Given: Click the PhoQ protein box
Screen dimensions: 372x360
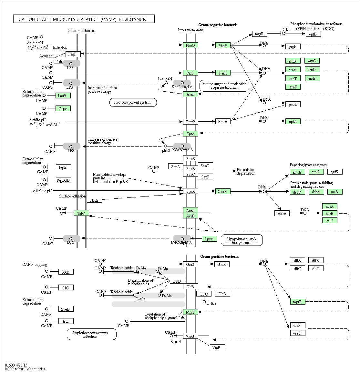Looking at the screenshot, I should (190, 45).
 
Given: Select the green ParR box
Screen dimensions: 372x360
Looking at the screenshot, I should (223, 73).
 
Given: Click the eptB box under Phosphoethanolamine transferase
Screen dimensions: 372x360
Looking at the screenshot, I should (313, 34).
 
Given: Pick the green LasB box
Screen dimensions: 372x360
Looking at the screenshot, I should (63, 96).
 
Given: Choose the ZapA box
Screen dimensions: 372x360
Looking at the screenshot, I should (63, 109).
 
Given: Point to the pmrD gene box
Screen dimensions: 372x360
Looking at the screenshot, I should (293, 104).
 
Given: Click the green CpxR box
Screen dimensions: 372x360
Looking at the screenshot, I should (223, 191).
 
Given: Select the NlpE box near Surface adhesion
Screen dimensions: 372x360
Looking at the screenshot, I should (94, 200).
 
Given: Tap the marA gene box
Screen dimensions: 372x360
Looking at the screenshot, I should (282, 213).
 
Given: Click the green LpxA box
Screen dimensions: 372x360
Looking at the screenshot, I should (209, 239).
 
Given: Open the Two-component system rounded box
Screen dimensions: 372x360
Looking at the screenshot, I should (133, 103).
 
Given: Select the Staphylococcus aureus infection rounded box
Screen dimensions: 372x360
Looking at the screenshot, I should (92, 334).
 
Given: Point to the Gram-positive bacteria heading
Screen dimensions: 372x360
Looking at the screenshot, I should (219, 256).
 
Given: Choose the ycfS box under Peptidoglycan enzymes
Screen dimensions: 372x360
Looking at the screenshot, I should (334, 172).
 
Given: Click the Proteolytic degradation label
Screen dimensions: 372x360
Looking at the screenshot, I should (246, 172).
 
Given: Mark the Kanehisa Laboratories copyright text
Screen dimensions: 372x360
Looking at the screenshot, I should (25, 368).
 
